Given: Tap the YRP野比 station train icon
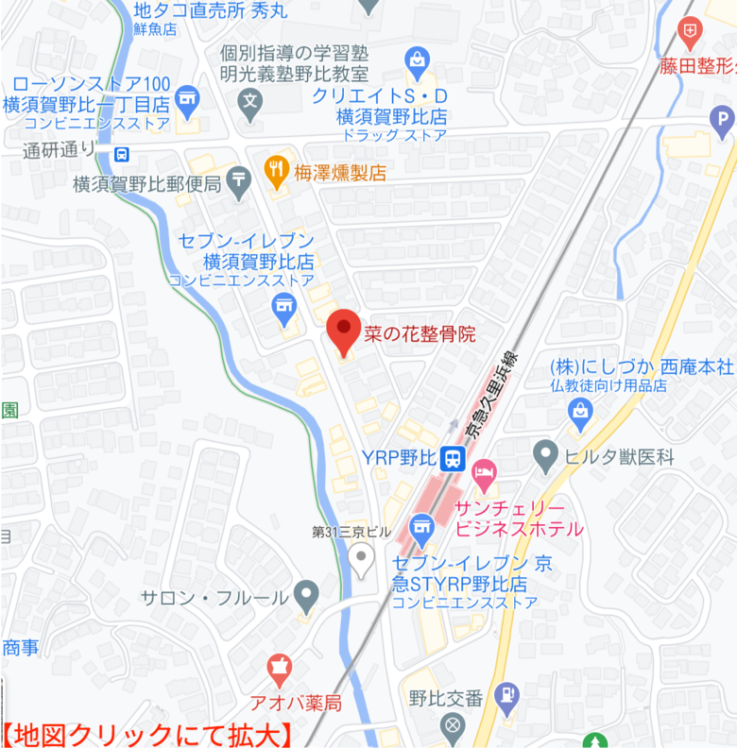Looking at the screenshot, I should point(453,458).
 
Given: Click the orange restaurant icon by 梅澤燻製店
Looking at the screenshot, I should point(276,170).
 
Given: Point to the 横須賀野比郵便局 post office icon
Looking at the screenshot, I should point(238,178).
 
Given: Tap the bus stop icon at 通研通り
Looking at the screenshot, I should point(121,153).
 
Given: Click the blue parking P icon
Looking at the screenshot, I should point(721,119).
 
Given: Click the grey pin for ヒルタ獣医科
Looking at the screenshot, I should point(545,455).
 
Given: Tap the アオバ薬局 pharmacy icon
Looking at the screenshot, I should point(278,670).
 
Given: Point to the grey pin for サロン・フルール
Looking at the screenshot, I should point(305,596).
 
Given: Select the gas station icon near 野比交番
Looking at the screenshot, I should point(506,696).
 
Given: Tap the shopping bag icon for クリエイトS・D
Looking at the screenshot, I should point(416,61).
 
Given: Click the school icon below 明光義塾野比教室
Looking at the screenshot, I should point(249,101).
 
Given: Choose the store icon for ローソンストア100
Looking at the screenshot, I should point(188,97).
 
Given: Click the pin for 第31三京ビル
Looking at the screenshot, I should point(360,557).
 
